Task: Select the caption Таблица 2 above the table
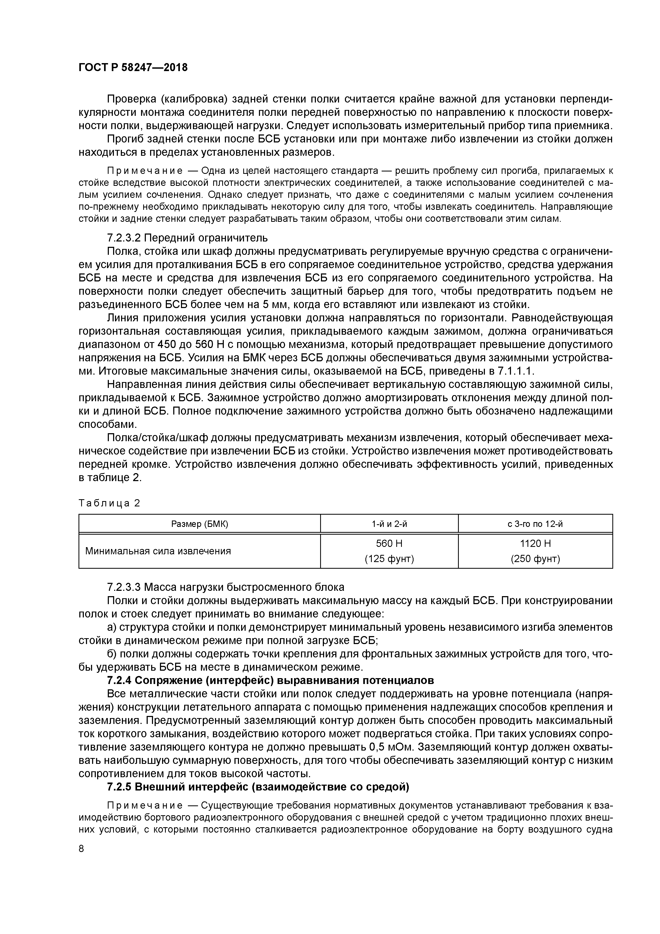[x=109, y=503]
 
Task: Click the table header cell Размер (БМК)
[x=199, y=524]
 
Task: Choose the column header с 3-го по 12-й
[x=535, y=524]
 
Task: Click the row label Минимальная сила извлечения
[x=158, y=551]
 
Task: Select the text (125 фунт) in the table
[x=389, y=559]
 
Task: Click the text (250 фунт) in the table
[x=535, y=559]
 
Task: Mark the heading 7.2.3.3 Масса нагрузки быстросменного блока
[x=225, y=587]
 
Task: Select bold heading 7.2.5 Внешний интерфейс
[x=258, y=787]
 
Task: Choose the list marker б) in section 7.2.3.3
[x=112, y=654]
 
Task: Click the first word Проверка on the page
[x=130, y=100]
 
